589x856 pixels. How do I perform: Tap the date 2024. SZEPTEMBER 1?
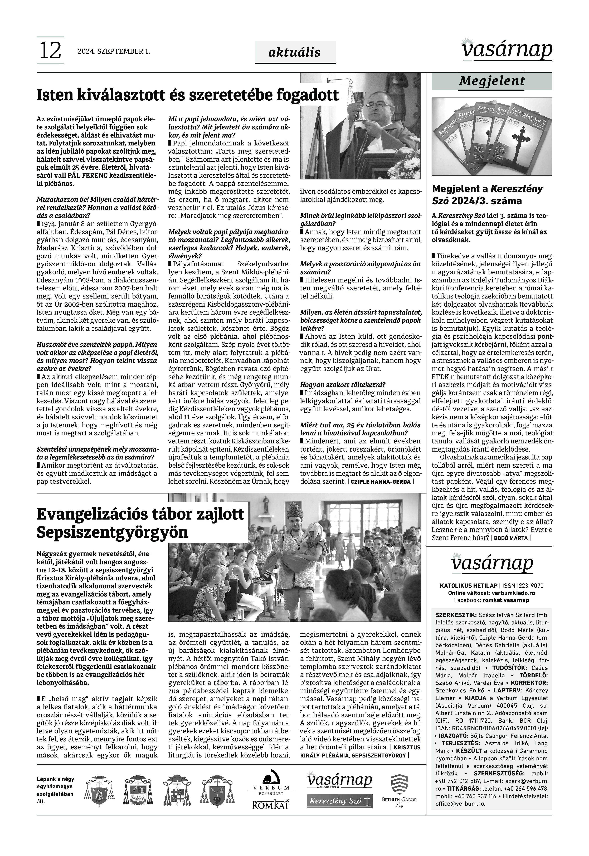click(x=114, y=51)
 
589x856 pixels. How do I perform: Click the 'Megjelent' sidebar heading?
click(x=491, y=81)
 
